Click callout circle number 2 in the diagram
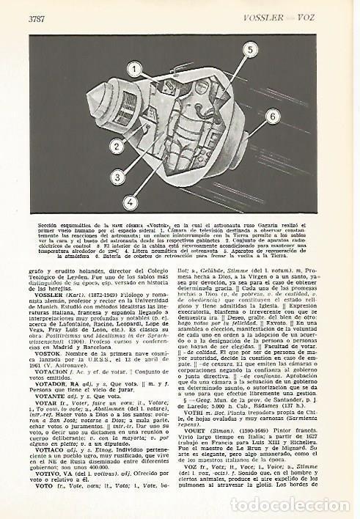(115, 147)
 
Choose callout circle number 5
(249, 50)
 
